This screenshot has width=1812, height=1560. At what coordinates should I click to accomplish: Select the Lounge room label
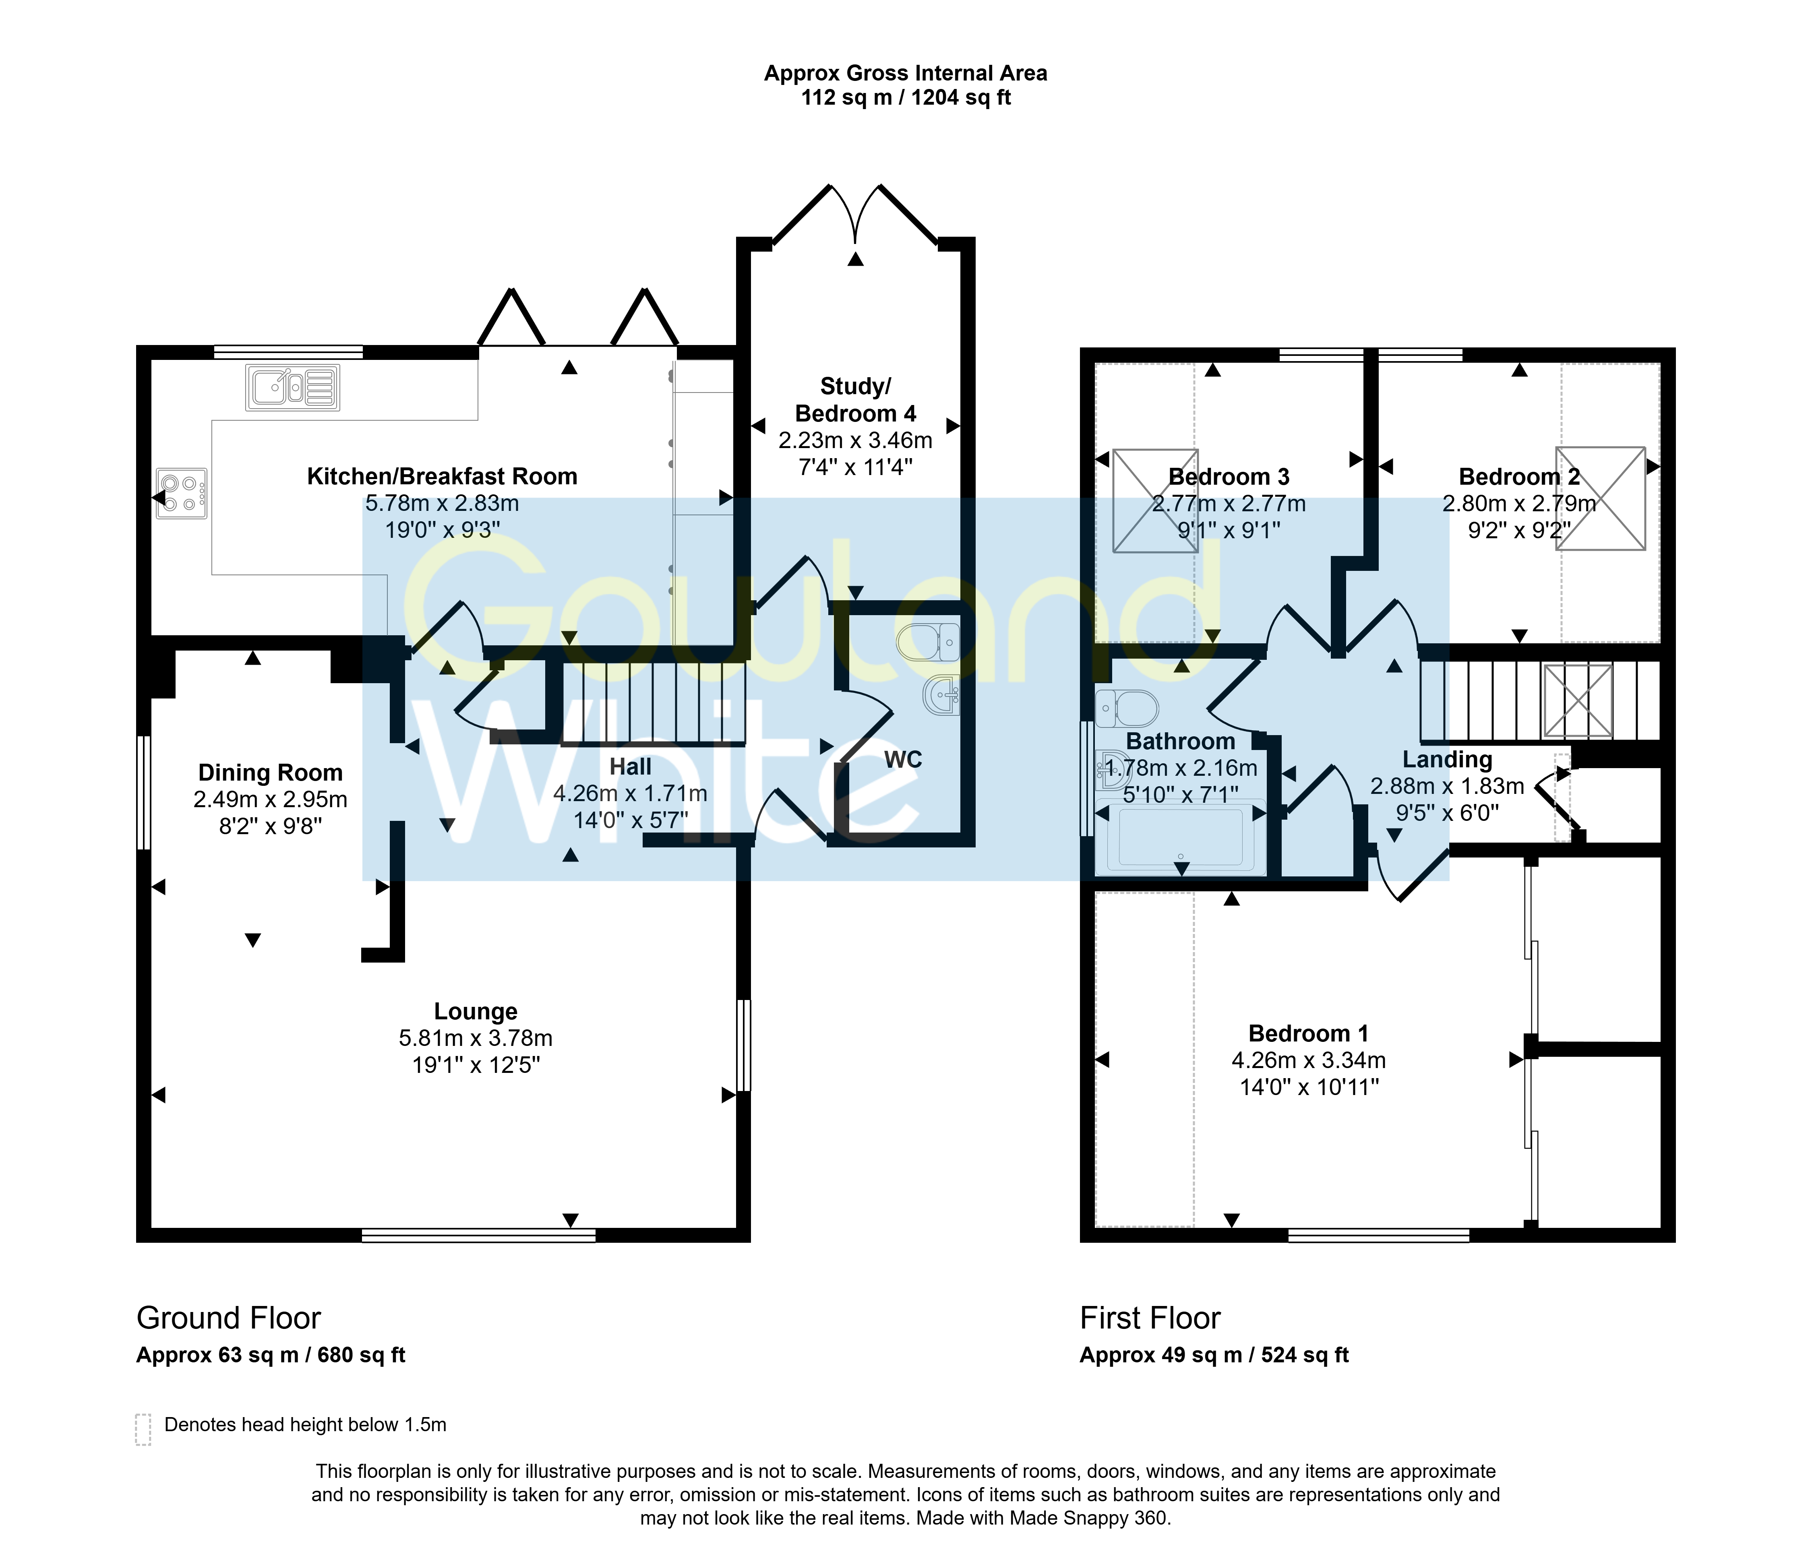(476, 1012)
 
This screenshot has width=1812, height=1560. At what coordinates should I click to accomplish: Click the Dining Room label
(270, 773)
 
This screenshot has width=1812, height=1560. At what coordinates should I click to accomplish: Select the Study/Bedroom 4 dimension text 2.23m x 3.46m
(855, 441)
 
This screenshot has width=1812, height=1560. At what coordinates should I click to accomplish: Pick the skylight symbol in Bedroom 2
(1600, 498)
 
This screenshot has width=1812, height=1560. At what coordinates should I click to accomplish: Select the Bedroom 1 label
(1308, 1033)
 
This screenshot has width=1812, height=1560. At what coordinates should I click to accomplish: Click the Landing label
(1447, 760)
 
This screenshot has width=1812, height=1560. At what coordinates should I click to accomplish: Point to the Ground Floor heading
(228, 1318)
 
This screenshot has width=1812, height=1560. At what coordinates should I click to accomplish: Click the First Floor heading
(1150, 1318)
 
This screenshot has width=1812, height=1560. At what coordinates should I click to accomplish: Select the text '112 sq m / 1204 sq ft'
(906, 98)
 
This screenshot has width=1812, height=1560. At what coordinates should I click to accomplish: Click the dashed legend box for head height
(143, 1430)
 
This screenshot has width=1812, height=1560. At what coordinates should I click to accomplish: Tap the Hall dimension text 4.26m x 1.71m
(631, 794)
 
